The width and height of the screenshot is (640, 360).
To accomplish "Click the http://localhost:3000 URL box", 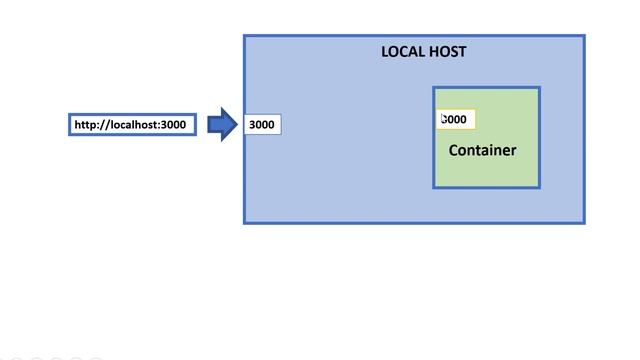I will coord(133,125).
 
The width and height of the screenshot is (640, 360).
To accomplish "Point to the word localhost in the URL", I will coord(132,125).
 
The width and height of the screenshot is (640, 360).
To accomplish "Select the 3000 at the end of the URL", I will coord(173,125).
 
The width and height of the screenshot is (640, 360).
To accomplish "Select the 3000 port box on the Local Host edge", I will coord(262,125).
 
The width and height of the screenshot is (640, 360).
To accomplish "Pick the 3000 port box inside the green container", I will coord(456,120).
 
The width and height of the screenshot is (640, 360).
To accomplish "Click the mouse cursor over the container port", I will coord(443,119).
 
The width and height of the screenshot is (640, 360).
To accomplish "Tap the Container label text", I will coord(482,151).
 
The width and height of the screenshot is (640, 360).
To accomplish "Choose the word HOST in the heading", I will coord(447,52).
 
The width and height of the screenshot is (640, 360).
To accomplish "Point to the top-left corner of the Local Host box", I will coord(245,37).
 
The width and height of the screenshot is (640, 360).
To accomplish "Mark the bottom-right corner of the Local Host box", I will coord(584,222).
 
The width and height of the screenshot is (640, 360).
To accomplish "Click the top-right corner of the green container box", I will coord(540,88).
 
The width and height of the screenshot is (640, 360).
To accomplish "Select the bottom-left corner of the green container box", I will coord(434,187).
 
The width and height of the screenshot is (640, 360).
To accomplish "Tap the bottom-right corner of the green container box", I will coord(540,187).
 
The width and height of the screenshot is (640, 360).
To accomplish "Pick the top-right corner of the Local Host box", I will coord(584,37).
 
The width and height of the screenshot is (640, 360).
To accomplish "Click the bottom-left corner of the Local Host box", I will coord(245,222).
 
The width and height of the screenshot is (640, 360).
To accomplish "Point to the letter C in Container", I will coord(454,151).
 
